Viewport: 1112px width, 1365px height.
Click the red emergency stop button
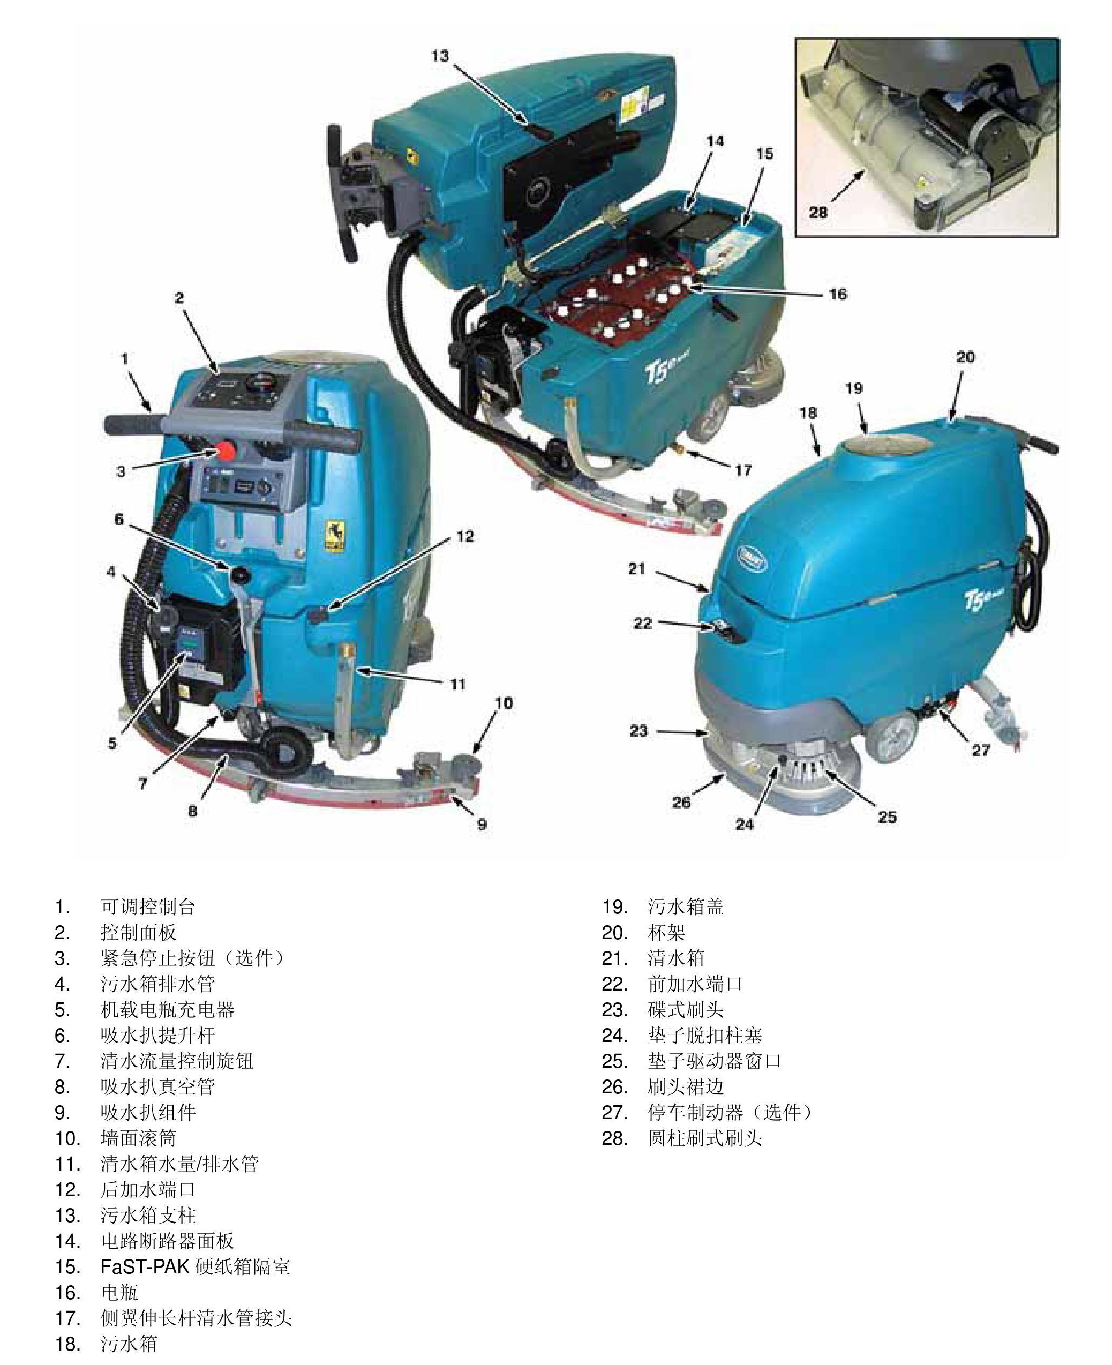[x=226, y=451]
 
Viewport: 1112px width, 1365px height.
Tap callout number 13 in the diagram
[x=441, y=56]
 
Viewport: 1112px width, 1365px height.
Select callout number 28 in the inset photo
[x=818, y=212]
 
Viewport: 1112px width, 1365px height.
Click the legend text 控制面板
[x=138, y=932]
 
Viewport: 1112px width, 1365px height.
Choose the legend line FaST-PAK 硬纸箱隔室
[x=196, y=1266]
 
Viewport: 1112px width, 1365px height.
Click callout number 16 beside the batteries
[x=838, y=294]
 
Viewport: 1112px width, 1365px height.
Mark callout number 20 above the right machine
[x=965, y=357]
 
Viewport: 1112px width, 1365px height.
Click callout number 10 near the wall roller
[x=504, y=703]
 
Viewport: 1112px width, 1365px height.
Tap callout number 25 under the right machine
[x=886, y=816]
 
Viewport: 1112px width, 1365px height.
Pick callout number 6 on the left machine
[x=119, y=519]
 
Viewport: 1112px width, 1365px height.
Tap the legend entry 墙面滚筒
[x=138, y=1138]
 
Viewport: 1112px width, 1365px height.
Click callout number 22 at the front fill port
[x=642, y=623]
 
